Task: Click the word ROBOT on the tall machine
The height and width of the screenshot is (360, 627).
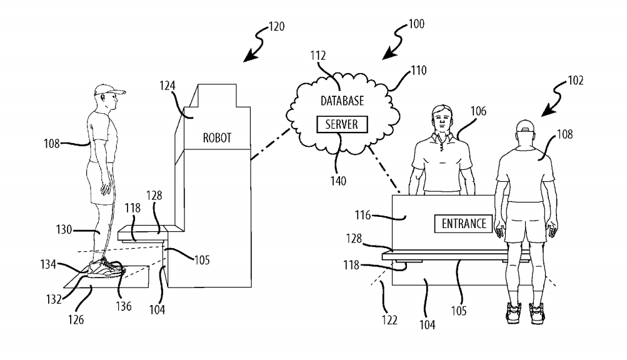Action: (x=217, y=138)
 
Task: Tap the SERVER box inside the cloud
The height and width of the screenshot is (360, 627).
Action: (x=342, y=124)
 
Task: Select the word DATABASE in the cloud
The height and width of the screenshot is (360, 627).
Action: (x=343, y=101)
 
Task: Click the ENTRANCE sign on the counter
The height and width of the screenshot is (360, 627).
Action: (x=464, y=224)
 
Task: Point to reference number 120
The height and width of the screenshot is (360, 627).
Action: (x=276, y=27)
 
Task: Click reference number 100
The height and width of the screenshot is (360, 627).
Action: (x=416, y=24)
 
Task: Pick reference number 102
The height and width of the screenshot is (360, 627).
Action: (x=575, y=81)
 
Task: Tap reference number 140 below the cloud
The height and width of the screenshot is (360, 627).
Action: (x=338, y=181)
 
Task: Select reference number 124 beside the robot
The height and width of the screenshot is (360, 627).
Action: (x=168, y=86)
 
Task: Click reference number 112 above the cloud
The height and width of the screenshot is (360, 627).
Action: (x=318, y=56)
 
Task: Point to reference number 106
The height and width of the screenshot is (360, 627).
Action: (x=478, y=111)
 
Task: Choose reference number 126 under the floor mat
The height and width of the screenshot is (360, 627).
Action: (x=76, y=319)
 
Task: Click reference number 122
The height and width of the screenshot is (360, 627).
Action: (x=389, y=320)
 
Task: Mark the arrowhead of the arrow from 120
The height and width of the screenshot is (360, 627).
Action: (x=250, y=56)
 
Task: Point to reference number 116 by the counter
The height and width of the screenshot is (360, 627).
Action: (x=363, y=215)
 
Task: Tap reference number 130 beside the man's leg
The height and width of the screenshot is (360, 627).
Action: (x=64, y=229)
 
